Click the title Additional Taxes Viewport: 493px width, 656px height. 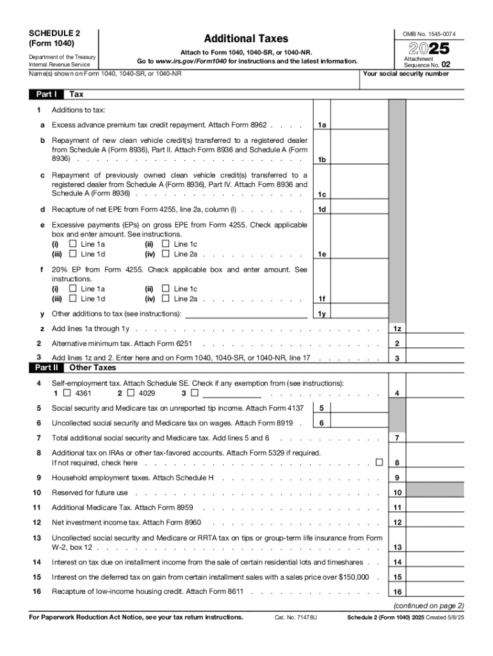(246, 39)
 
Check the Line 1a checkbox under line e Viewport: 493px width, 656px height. (72, 244)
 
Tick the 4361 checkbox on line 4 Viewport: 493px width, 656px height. (67, 393)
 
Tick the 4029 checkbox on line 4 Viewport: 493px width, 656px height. (131, 393)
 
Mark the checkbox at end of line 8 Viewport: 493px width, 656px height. (380, 462)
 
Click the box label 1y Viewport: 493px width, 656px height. (323, 314)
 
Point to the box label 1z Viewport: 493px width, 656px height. (398, 329)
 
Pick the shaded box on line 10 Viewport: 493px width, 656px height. (437, 493)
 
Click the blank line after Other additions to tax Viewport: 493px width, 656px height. (246, 314)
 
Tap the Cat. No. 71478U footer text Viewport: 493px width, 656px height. (296, 618)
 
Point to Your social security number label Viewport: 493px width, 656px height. (406, 74)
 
